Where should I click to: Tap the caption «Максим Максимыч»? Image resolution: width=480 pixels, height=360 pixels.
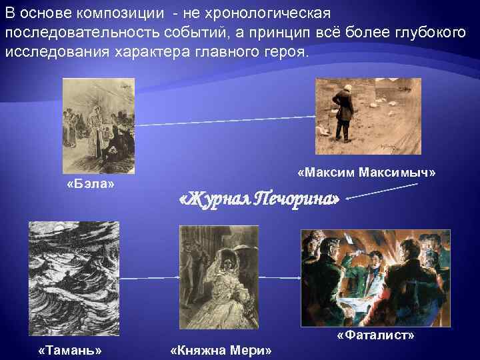pos(367,173)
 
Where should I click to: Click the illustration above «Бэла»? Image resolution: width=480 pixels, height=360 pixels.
pos(98,125)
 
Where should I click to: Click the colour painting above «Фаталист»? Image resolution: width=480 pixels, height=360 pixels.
pos(376,277)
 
